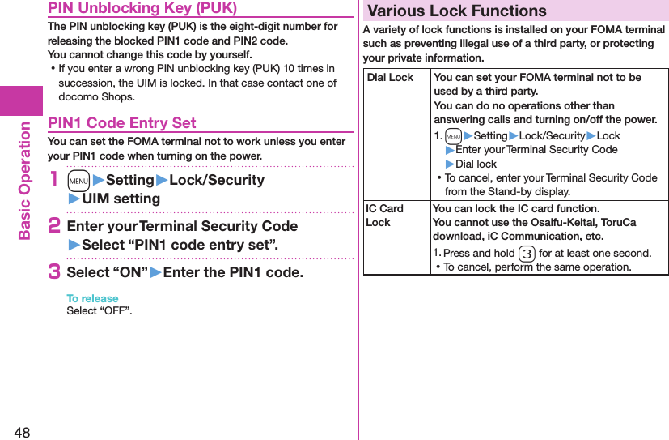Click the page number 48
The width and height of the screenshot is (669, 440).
tap(21, 432)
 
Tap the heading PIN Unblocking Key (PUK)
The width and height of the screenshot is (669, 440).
tap(142, 8)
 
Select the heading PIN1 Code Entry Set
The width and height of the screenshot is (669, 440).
tap(122, 123)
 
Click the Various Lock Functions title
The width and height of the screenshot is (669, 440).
tap(457, 11)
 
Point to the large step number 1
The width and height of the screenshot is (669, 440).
tap(54, 180)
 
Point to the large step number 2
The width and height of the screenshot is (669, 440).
tap(54, 226)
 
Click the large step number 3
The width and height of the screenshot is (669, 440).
tap(54, 272)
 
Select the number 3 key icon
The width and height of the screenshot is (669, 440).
tap(526, 253)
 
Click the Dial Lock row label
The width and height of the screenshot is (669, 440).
tap(390, 78)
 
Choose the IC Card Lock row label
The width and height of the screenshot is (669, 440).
tap(385, 216)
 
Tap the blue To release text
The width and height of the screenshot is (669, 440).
tap(92, 298)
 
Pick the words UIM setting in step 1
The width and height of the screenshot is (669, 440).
tap(121, 199)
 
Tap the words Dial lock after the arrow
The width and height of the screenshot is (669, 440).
tap(476, 164)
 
